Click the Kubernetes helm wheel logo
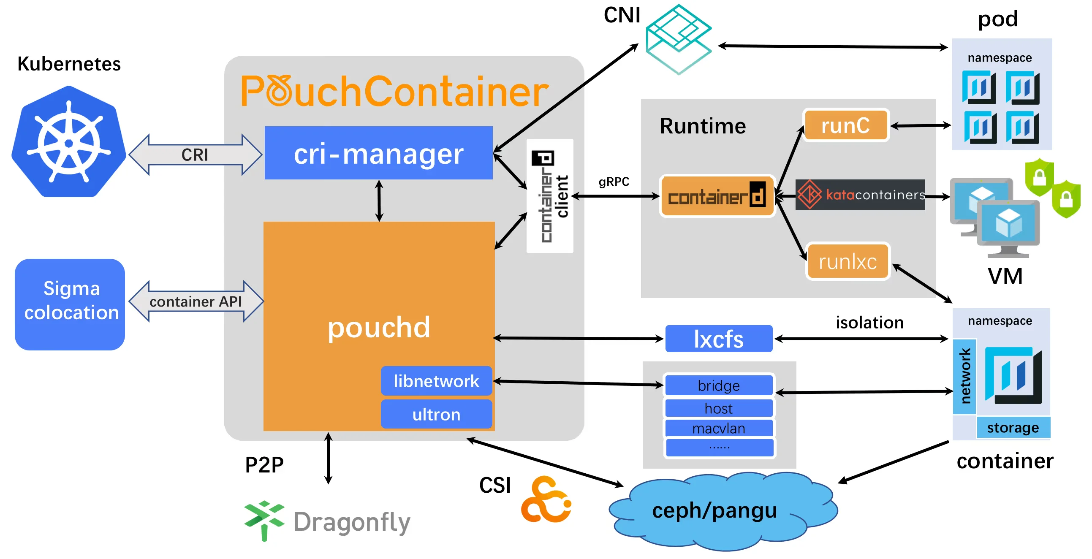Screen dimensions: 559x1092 tap(69, 142)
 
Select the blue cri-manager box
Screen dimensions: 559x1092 tap(378, 153)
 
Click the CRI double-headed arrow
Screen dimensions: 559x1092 tap(195, 155)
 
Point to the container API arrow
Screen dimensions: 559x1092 tap(196, 301)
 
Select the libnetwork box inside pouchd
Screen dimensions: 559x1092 tap(436, 380)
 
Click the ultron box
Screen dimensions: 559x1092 tap(436, 414)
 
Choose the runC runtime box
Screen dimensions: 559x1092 tap(845, 125)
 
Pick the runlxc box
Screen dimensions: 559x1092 tap(848, 261)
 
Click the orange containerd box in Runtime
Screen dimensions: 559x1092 tap(717, 196)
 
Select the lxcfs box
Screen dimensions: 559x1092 tap(719, 339)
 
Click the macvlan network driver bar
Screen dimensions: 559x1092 tap(719, 428)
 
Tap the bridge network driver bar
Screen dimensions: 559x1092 tap(719, 385)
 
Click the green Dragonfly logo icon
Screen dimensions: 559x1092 tap(263, 519)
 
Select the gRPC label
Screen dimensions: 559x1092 tap(614, 182)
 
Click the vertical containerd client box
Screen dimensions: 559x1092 tap(549, 196)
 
